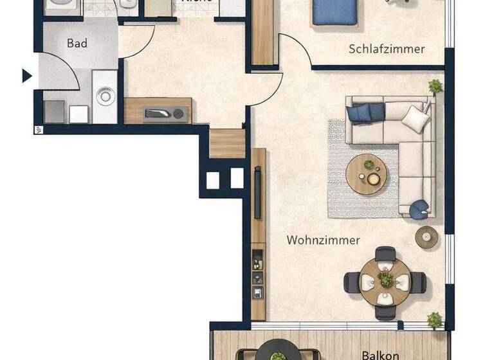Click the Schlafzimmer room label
click(387, 49)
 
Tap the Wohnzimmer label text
click(323, 240)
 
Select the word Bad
click(77, 44)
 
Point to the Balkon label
click(380, 354)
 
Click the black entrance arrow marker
click(26, 76)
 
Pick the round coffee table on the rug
click(365, 175)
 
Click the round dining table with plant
click(385, 278)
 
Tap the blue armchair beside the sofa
click(420, 207)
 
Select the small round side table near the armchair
click(426, 237)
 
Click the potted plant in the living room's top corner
click(435, 86)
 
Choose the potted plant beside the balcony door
click(435, 319)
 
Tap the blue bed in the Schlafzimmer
click(334, 12)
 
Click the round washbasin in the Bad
click(105, 97)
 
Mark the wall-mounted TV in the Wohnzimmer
click(257, 193)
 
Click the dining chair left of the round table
click(352, 281)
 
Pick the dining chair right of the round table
click(417, 280)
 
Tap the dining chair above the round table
click(385, 253)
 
